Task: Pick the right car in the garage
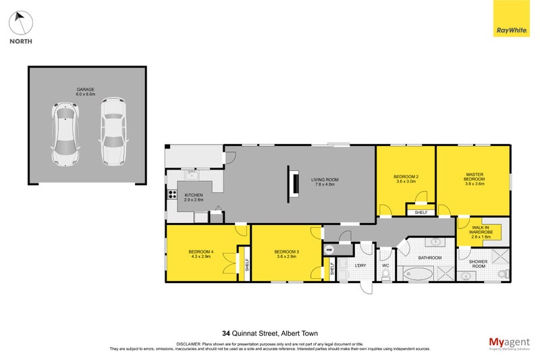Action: (x=112, y=132)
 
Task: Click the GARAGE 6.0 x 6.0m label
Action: (x=86, y=92)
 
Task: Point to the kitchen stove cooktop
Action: (x=172, y=197)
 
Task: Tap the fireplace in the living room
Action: (x=293, y=184)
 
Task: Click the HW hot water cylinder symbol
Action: (x=329, y=250)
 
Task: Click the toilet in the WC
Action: (x=385, y=273)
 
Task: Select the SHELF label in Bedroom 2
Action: (x=421, y=211)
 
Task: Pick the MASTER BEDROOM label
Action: (x=475, y=178)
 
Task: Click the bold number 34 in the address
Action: (x=226, y=332)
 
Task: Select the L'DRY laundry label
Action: (x=360, y=265)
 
